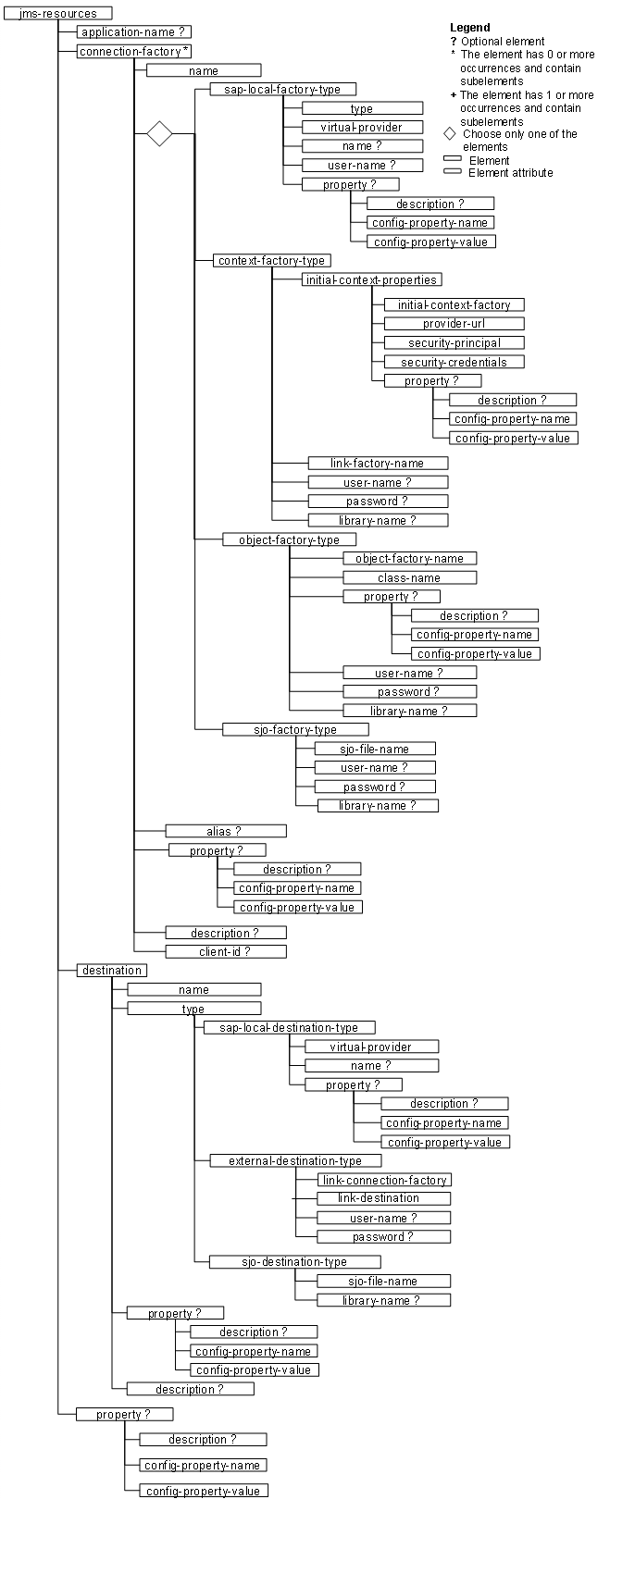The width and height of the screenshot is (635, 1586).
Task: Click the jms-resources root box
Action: coord(57,13)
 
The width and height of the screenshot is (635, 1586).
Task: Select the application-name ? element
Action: coord(135,32)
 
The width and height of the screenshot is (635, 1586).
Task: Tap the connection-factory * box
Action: coord(135,52)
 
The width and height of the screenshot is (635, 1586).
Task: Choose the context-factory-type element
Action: coord(272,261)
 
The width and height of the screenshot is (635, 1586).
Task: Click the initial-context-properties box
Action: coord(370,279)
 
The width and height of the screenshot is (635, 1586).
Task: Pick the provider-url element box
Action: coord(454,324)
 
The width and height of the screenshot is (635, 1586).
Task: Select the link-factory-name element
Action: coord(378,463)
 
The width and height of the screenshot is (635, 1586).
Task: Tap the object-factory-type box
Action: coord(290,539)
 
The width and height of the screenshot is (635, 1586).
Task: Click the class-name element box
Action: coord(409,577)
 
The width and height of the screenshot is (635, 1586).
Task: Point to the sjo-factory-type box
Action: coord(295,729)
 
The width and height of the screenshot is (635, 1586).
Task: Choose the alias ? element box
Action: coord(225,831)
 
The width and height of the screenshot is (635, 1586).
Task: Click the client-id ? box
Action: coord(225,951)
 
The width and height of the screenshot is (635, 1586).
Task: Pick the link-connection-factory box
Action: coord(384,1180)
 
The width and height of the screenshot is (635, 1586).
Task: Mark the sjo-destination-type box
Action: coord(294,1261)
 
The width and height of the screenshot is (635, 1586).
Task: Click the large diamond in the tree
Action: coord(160,133)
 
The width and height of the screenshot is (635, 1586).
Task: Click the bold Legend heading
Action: coord(470,28)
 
